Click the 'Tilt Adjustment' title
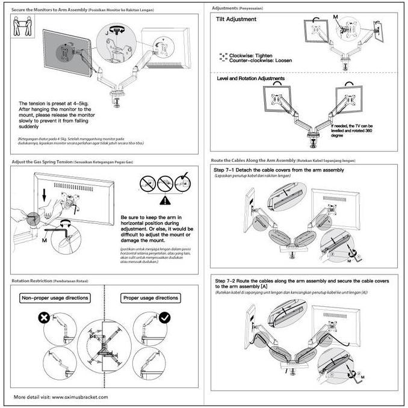point(236,19)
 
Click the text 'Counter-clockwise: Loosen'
point(259,61)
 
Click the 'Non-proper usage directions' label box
point(55,298)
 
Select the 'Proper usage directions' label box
point(150,298)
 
